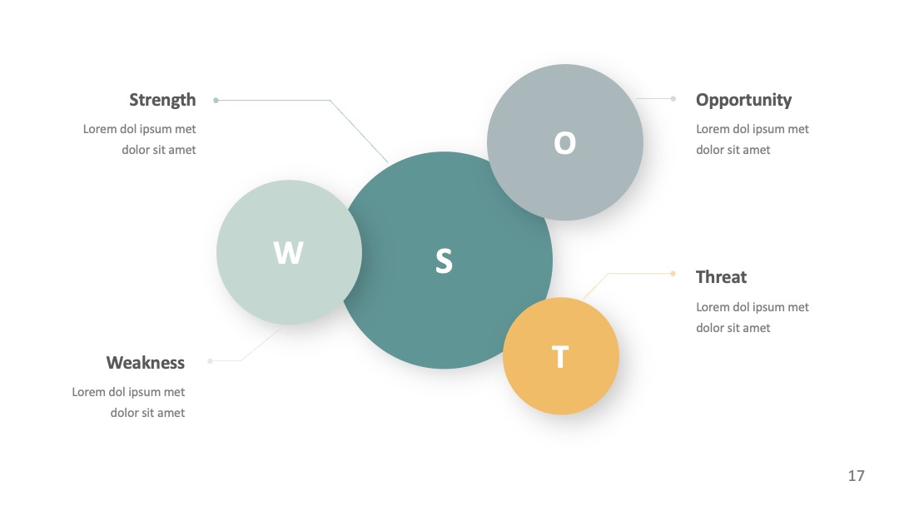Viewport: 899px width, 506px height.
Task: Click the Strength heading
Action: (162, 100)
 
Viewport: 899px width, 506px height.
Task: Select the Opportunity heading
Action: (743, 100)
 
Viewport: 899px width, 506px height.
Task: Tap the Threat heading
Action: (721, 277)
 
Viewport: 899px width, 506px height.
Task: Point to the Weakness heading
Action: (146, 363)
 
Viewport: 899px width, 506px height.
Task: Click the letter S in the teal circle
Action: (444, 260)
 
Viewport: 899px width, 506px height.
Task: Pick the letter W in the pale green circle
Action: (288, 253)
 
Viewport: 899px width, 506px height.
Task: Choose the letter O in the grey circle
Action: (564, 142)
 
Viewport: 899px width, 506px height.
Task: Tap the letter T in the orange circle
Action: (560, 357)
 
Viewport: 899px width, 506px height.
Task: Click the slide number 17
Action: (856, 476)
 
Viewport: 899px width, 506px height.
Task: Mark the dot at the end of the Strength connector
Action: (216, 100)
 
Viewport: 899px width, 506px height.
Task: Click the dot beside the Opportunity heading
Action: (673, 98)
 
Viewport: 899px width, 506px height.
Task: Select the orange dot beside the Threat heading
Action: (673, 273)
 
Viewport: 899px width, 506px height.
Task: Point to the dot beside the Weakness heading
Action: (210, 361)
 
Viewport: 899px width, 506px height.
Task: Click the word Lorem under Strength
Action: (100, 129)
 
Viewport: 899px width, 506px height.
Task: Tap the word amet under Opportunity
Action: (757, 150)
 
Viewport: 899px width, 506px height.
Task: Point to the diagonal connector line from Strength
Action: (359, 131)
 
